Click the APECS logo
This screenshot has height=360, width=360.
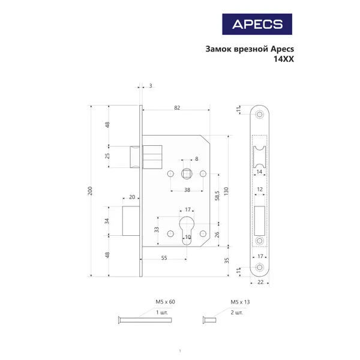point(257,24)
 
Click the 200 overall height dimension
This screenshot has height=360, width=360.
point(90,191)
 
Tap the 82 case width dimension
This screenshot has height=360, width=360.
point(177,107)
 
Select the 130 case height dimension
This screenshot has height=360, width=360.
point(226,191)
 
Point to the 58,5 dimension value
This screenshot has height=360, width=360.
point(217,196)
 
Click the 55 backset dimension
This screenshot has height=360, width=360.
point(164,258)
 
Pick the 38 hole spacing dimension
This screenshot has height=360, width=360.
point(187,190)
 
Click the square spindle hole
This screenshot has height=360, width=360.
point(187,173)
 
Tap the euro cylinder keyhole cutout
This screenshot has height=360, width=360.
point(187,230)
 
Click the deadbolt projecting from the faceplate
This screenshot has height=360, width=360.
point(131,221)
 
